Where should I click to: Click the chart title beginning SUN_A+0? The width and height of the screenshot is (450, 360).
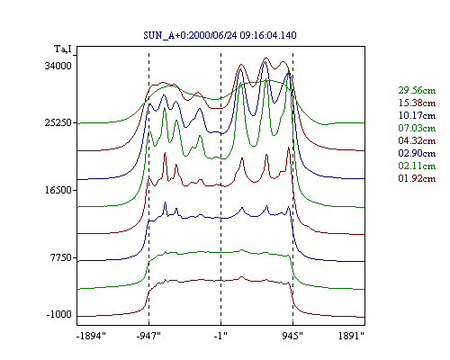(x=220, y=35)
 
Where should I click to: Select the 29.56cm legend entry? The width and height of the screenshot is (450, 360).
(x=417, y=90)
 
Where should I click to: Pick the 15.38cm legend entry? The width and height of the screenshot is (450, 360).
(x=417, y=103)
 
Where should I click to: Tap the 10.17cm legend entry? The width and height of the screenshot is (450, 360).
(x=417, y=115)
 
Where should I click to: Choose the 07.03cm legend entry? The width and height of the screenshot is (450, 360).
(x=417, y=128)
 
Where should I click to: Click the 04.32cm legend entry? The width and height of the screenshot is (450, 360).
(x=417, y=140)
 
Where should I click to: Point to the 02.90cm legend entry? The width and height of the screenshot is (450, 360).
(x=417, y=153)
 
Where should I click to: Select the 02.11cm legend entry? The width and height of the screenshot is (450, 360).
(x=417, y=166)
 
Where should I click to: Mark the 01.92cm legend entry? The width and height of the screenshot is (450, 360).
(x=417, y=178)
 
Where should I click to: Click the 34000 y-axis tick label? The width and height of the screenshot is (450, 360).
(x=58, y=66)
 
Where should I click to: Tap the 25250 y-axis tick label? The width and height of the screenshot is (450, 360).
(x=58, y=122)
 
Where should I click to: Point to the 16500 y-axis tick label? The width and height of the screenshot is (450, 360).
(x=58, y=190)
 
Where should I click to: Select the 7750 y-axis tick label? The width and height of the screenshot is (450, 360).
(x=61, y=257)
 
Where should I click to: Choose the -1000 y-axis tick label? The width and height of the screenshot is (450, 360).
(x=59, y=314)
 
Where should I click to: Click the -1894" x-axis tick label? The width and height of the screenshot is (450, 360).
(x=92, y=336)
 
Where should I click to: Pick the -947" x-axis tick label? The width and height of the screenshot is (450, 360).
(x=148, y=336)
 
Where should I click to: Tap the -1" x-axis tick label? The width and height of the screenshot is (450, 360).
(x=220, y=336)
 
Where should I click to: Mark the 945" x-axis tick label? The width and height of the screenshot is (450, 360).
(x=292, y=336)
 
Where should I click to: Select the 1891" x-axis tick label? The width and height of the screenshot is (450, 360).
(x=351, y=336)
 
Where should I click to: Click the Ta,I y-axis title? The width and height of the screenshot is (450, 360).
(x=63, y=49)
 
